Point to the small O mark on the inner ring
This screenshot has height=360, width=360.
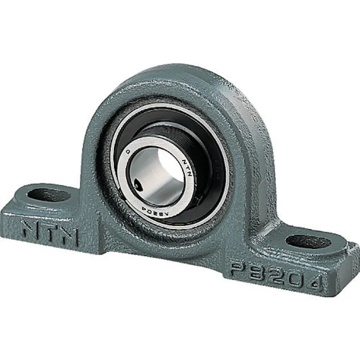128,151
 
